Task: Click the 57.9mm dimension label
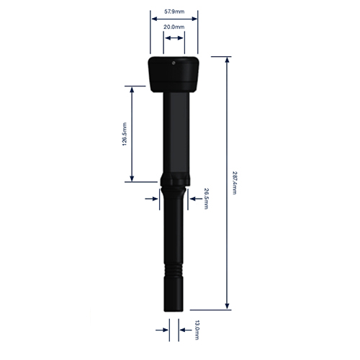(174, 12)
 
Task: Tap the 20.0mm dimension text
(174, 27)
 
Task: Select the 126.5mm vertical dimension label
(125, 134)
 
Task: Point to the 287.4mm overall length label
(235, 183)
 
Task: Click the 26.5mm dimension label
(206, 199)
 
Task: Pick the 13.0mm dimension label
(197, 330)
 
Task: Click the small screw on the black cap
(174, 63)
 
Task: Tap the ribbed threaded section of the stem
(174, 271)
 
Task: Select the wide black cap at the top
(174, 74)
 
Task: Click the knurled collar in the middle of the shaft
(175, 180)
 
